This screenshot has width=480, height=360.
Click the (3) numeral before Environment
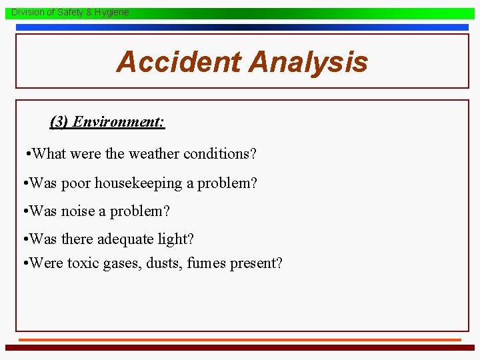(x=59, y=121)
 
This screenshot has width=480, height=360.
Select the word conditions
(x=220, y=154)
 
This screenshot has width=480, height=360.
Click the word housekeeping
(x=138, y=183)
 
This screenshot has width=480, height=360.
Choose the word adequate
(x=127, y=239)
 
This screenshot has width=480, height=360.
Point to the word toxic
(x=83, y=263)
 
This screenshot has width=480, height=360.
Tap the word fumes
(x=206, y=263)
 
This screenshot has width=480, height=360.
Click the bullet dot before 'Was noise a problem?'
(x=25, y=212)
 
